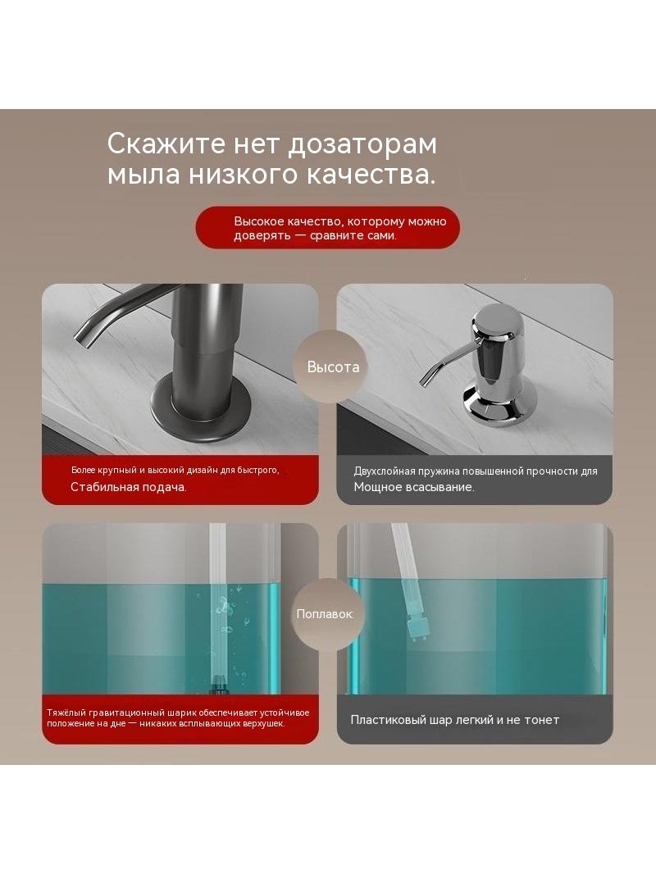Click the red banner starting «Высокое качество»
click(x=328, y=228)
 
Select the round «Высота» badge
click(x=333, y=366)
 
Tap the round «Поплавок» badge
click(x=325, y=614)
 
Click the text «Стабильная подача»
click(x=128, y=487)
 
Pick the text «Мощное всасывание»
click(x=414, y=487)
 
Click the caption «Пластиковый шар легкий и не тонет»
click(x=455, y=720)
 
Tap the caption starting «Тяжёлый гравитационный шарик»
click(x=178, y=718)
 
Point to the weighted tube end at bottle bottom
click(x=218, y=684)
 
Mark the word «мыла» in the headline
click(x=143, y=175)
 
